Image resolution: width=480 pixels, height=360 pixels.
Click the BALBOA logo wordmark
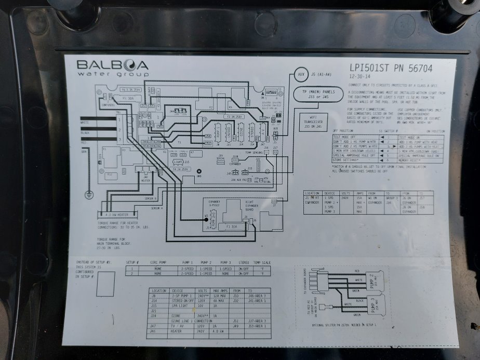[x=112, y=65]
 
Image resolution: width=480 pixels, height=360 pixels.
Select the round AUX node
[x=301, y=75]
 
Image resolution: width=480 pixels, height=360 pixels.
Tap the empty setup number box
[x=106, y=284]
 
